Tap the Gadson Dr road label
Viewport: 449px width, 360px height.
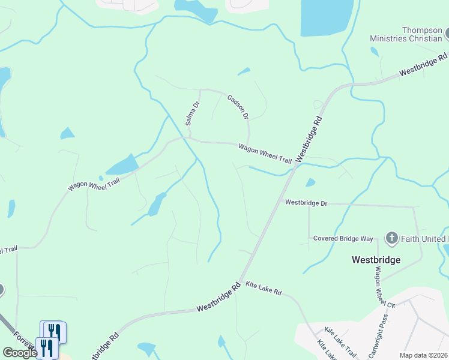238,107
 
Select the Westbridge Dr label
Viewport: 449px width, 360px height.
306,203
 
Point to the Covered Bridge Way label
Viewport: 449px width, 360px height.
343,238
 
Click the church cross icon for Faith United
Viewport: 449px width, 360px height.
391,238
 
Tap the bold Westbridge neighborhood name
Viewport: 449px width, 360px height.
375,260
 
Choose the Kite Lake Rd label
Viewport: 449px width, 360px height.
264,290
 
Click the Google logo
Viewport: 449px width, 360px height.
20,352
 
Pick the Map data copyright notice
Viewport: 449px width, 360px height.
423,355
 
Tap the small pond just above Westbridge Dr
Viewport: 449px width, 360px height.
310,182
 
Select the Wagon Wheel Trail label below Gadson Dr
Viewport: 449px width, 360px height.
265,154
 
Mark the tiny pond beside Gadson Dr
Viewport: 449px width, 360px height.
244,72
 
